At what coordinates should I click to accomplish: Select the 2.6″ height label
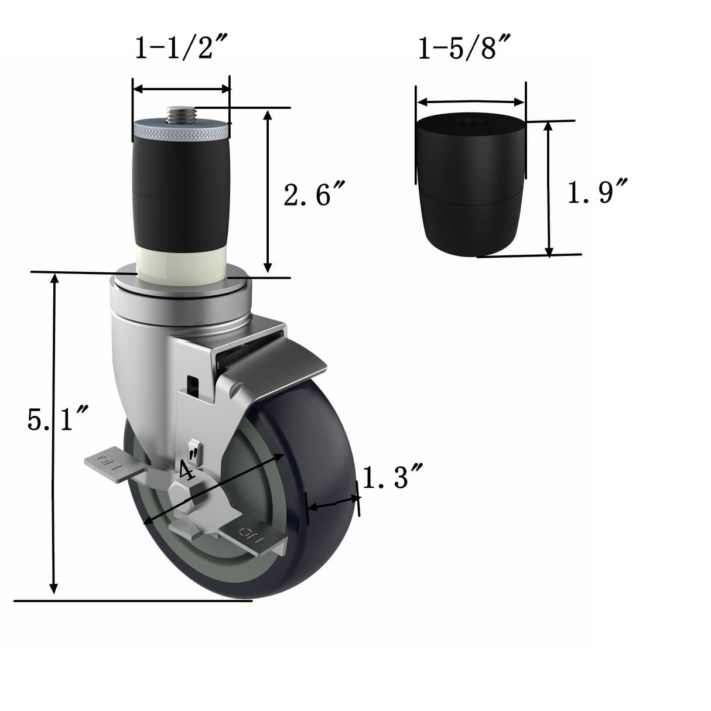pyautogui.click(x=314, y=195)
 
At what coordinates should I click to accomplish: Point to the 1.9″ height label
pyautogui.click(x=598, y=192)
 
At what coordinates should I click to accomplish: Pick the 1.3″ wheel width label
pyautogui.click(x=392, y=478)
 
